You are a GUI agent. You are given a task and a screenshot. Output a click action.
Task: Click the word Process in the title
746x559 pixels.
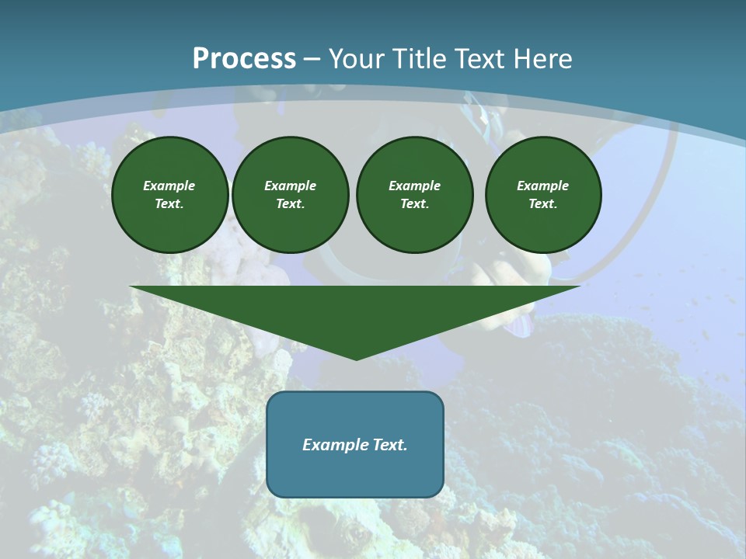(244, 59)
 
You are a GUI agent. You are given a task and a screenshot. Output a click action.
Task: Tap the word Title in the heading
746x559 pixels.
(420, 59)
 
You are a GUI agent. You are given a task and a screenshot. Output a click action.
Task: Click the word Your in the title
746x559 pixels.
(357, 59)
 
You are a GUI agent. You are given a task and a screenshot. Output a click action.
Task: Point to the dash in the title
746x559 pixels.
(312, 60)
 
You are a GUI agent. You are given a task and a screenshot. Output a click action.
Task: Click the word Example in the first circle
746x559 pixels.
(169, 186)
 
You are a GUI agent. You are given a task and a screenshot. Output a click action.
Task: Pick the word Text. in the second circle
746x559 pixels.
(291, 204)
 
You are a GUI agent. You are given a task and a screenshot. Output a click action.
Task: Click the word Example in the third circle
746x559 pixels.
(415, 186)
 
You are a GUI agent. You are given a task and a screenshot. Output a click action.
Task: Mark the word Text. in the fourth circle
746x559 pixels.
(543, 204)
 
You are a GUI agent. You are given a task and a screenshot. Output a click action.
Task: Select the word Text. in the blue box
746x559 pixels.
(389, 445)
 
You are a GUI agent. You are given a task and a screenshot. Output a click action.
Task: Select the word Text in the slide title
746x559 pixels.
(478, 59)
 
